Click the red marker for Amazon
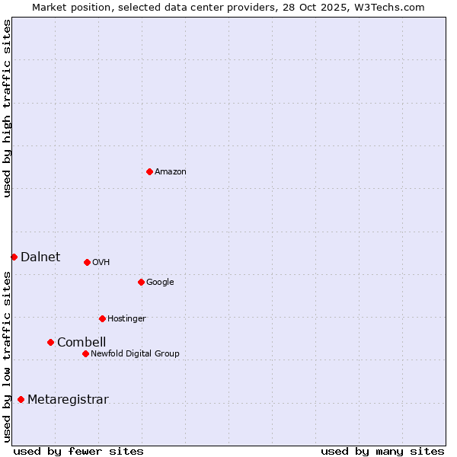tap(149, 171)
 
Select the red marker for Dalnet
tap(14, 257)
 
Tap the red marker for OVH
tap(87, 262)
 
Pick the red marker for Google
tap(141, 282)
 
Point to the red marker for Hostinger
tap(102, 318)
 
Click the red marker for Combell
tap(50, 342)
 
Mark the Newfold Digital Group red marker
tap(85, 353)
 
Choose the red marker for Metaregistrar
tap(21, 399)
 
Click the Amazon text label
tap(171, 172)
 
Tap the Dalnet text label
tap(40, 257)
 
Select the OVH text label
tap(101, 263)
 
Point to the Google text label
tap(160, 283)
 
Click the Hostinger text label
tap(126, 319)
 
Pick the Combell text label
tap(81, 343)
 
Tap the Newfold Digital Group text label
tap(135, 354)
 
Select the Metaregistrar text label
tap(68, 400)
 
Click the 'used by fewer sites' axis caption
tap(78, 452)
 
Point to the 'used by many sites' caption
tap(382, 452)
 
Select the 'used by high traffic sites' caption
tap(8, 108)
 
